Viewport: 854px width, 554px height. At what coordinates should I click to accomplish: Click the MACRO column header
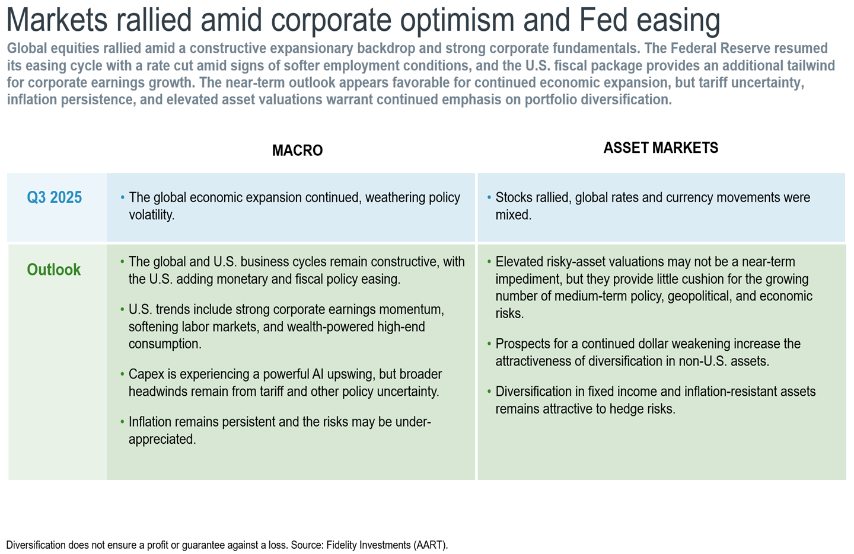[x=297, y=150]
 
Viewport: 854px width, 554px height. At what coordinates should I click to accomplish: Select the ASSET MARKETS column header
[x=661, y=148]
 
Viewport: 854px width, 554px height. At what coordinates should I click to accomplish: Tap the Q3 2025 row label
[x=55, y=197]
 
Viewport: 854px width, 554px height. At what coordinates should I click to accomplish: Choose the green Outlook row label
[x=54, y=270]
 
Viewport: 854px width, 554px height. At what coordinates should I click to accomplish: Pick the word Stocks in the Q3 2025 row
[x=514, y=198]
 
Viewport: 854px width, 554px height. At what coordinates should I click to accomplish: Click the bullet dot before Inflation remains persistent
[x=122, y=422]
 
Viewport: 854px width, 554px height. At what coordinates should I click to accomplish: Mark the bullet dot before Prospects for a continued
[x=489, y=344]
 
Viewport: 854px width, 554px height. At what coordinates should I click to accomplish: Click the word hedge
[x=628, y=409]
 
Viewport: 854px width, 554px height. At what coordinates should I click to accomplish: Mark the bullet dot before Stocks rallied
[x=489, y=197]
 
